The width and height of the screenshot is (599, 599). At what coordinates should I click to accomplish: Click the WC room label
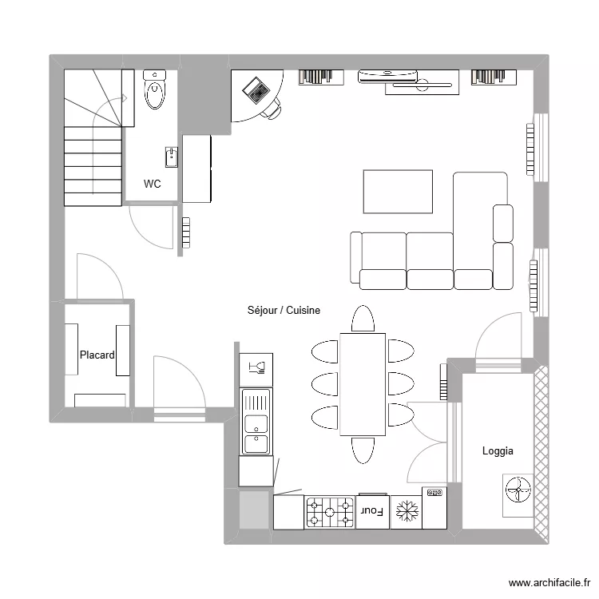152,184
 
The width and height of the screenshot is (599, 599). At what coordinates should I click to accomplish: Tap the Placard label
97,355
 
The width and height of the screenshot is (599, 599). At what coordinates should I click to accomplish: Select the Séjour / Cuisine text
284,310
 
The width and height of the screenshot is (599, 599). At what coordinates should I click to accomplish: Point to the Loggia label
498,451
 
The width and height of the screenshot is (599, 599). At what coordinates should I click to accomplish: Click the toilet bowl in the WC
154,91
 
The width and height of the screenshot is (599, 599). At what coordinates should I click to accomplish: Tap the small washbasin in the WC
171,157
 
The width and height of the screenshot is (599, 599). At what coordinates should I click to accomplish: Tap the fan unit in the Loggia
517,489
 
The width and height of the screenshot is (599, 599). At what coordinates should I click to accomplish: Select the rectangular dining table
363,384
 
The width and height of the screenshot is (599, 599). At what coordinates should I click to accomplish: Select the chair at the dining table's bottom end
362,450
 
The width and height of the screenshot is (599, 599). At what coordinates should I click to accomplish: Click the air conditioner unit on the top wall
387,75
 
